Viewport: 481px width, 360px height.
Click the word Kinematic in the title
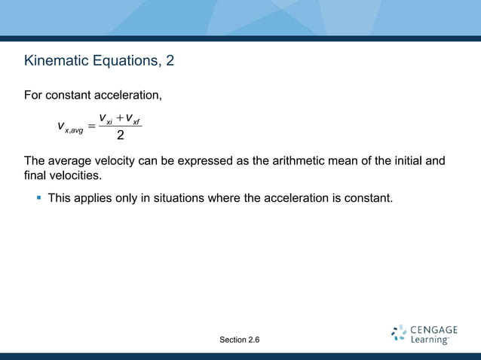pos(54,60)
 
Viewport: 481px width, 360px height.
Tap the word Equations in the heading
pos(124,60)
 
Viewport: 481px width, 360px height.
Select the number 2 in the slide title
pos(170,60)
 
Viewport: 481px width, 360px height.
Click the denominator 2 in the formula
pos(120,136)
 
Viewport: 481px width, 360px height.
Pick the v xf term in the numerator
pos(133,118)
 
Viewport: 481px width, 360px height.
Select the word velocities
pos(75,175)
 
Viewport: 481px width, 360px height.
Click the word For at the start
pos(34,96)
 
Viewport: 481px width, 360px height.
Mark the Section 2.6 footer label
pos(240,340)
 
